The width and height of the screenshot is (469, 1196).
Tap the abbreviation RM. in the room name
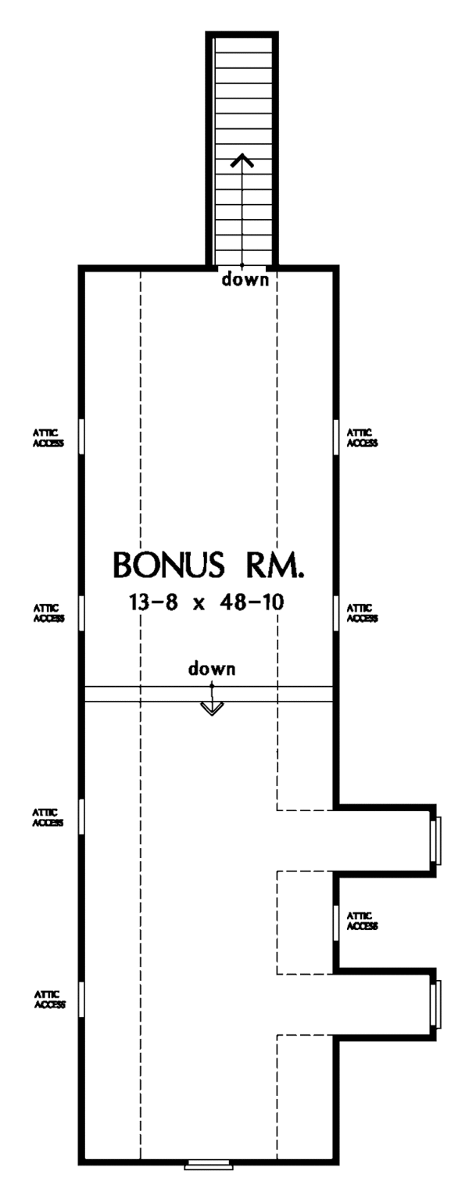click(275, 564)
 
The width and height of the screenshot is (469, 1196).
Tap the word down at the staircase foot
click(246, 279)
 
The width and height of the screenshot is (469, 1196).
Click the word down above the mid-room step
click(212, 669)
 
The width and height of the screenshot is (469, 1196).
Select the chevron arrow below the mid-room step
click(212, 708)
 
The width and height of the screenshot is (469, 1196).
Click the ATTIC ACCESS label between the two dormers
click(362, 921)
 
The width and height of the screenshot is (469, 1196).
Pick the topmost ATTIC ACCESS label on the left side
click(48, 438)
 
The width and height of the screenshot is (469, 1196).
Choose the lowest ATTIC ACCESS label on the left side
click(50, 1000)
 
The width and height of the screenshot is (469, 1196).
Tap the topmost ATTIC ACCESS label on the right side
click(362, 437)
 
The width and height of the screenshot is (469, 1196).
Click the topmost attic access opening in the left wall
click(81, 436)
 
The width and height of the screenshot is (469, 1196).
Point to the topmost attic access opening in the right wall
click(336, 436)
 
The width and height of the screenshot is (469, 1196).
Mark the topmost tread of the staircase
click(243, 45)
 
